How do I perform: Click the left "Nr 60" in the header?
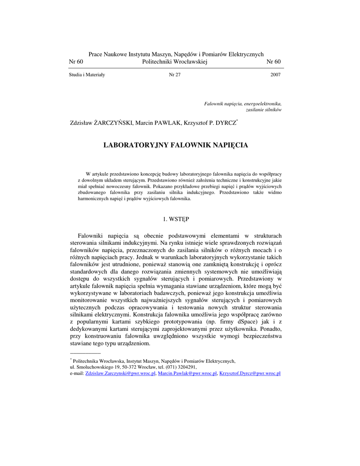pos(76,62)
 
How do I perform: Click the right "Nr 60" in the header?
pos(274,62)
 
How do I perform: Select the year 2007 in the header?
pos(275,75)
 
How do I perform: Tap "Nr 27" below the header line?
pos(175,75)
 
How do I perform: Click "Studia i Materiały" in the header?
pos(87,75)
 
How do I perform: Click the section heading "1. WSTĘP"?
pos(176,219)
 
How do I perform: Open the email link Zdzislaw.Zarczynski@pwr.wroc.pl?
pos(121,373)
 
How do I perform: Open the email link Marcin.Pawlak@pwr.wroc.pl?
pos(187,373)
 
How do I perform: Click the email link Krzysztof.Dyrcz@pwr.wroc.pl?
pos(249,373)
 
